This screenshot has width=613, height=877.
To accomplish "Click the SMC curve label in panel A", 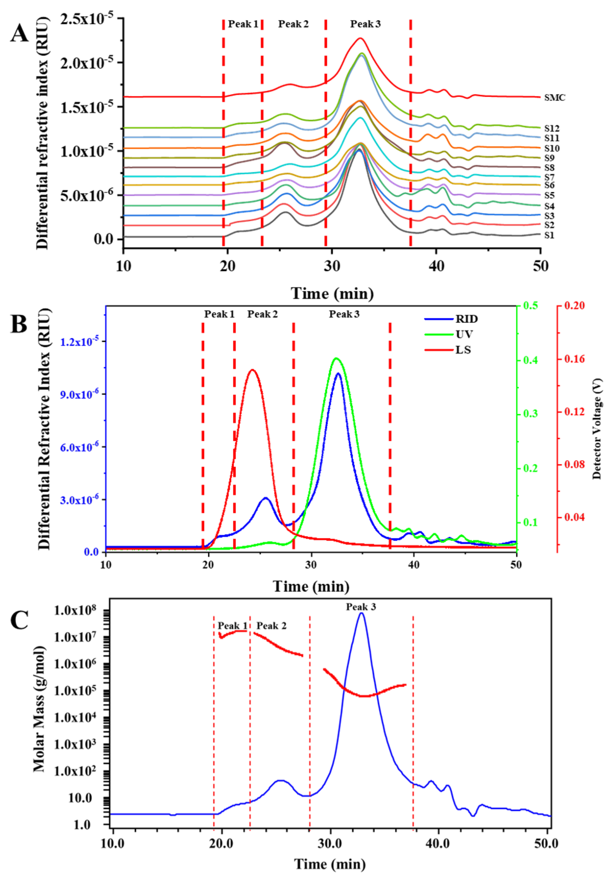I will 555,98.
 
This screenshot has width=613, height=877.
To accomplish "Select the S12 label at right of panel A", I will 552,129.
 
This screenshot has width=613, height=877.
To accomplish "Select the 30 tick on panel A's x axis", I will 332,266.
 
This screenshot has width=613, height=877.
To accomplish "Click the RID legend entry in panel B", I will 466,319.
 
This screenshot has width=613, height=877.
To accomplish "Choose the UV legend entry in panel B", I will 464,335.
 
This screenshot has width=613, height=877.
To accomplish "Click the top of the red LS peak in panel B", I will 252,370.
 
